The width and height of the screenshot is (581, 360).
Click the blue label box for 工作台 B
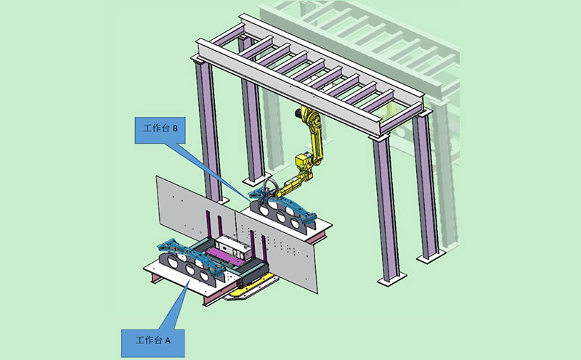point(160,131)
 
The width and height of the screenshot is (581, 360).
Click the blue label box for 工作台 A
point(153,343)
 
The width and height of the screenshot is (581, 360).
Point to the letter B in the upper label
point(175,128)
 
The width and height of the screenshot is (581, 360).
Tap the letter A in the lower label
point(168,340)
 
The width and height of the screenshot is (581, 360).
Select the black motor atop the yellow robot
point(298,112)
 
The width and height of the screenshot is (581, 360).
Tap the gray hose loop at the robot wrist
point(269,185)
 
